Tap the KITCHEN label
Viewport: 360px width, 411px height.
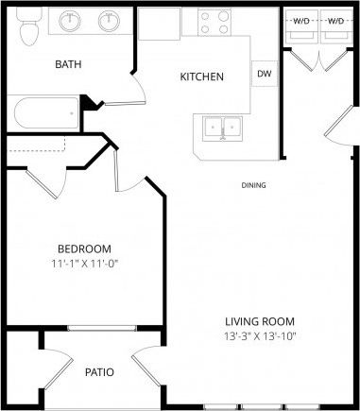[201, 77]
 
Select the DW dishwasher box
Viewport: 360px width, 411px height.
[263, 75]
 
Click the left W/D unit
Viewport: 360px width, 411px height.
[301, 21]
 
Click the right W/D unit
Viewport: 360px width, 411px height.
[335, 21]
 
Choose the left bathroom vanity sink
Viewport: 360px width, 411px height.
[69, 20]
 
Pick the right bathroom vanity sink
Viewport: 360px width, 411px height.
[109, 20]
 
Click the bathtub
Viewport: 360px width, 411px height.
[45, 115]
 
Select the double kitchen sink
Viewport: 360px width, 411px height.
[219, 127]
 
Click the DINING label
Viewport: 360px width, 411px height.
[254, 186]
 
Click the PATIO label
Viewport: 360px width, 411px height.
[99, 372]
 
